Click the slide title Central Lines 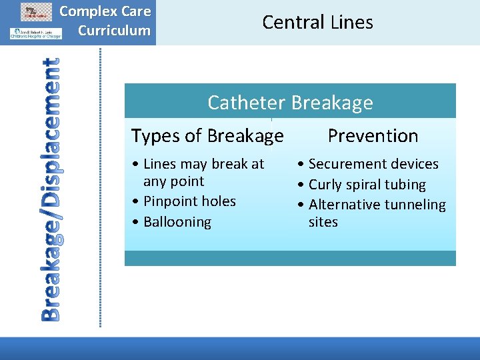(x=317, y=22)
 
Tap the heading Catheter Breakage (x=290, y=103)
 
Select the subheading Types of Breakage (x=207, y=136)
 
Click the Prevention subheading (x=373, y=136)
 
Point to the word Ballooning (x=177, y=222)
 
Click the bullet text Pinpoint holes (x=189, y=201)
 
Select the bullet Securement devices (x=373, y=164)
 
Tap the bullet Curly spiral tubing (x=367, y=185)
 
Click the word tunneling (x=414, y=205)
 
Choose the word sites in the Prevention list (x=323, y=222)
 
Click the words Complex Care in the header (x=105, y=11)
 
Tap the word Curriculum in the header (x=114, y=31)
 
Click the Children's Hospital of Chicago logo (x=35, y=33)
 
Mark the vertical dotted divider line (x=101, y=187)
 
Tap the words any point (x=173, y=181)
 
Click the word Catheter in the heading (x=247, y=103)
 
